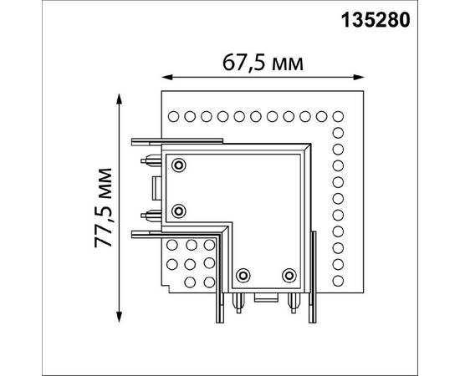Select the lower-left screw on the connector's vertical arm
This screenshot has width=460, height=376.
(179, 208)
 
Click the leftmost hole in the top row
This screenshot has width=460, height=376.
(175, 115)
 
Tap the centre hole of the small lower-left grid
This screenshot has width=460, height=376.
(192, 262)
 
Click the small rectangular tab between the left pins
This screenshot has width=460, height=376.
(157, 185)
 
